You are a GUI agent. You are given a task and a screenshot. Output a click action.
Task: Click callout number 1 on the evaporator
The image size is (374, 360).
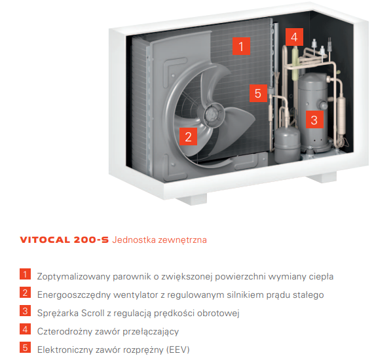[x=241, y=46]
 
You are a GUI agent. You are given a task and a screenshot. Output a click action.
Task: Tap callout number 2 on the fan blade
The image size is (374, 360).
[x=188, y=136]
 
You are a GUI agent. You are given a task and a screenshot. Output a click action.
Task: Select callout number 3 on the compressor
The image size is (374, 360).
[x=314, y=119]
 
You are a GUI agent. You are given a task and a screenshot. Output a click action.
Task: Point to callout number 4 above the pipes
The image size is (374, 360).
[x=294, y=37]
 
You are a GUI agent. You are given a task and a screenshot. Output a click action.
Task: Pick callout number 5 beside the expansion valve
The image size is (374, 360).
[x=258, y=93]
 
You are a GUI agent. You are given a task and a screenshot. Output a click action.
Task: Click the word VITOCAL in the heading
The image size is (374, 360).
[x=45, y=240]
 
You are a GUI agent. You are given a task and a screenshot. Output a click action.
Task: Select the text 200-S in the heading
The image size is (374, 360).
[x=91, y=240]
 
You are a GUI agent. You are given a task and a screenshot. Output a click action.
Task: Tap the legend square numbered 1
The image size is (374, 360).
[x=25, y=274]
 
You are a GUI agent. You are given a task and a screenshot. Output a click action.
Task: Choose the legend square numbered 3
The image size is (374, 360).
[x=25, y=311]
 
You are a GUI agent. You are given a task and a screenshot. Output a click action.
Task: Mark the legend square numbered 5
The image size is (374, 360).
[x=25, y=348]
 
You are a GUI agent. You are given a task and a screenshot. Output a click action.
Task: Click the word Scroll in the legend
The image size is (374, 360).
[x=93, y=313]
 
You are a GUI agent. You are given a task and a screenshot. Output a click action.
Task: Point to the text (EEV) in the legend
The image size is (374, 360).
[x=178, y=350]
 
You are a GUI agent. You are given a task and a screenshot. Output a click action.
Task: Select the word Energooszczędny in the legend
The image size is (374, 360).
[x=74, y=295]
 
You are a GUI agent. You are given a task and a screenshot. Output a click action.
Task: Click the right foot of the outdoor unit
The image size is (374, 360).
[x=322, y=177]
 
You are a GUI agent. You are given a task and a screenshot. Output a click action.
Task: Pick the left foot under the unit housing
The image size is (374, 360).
[x=191, y=199]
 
